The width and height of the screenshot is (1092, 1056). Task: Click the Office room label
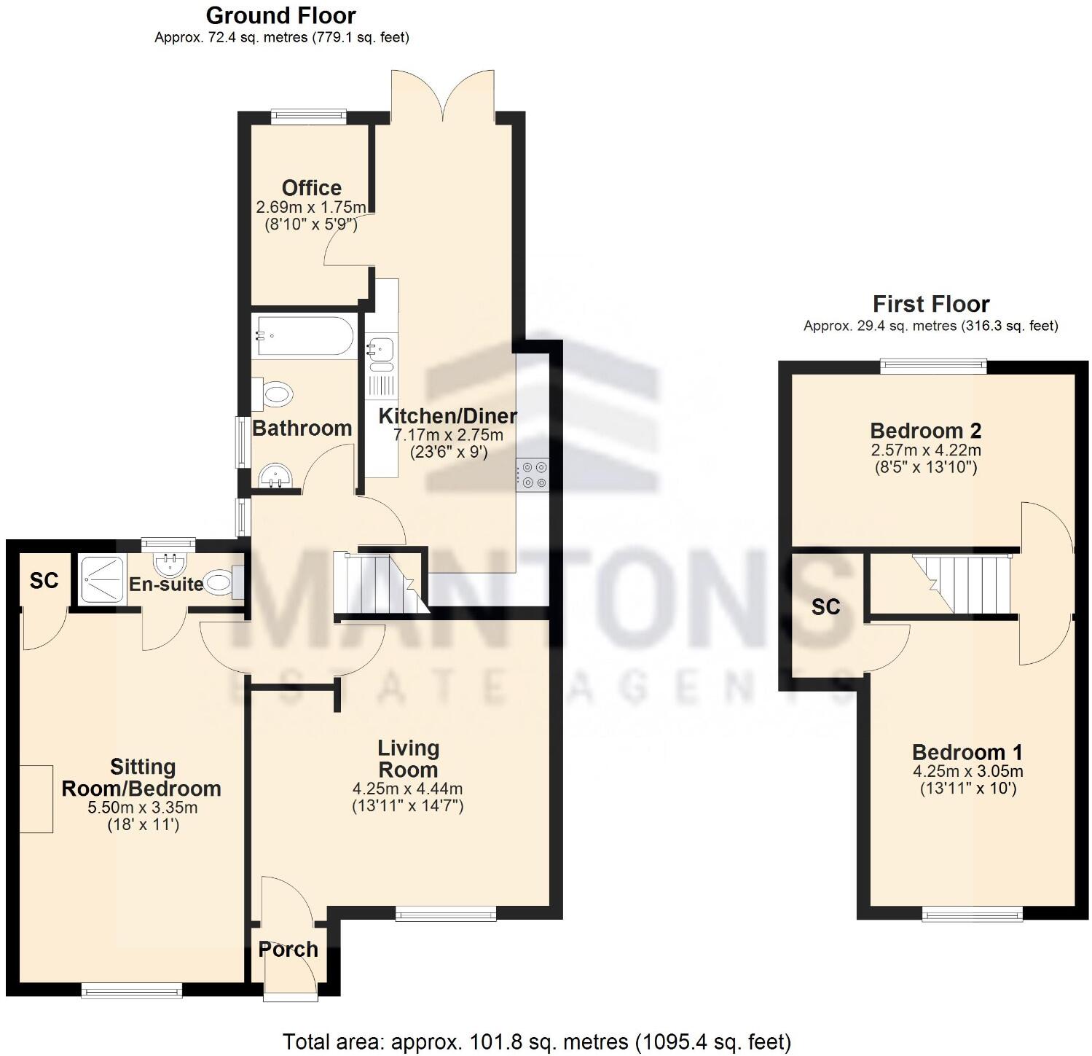[x=312, y=188]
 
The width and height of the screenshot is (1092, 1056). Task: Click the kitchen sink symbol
[x=381, y=349]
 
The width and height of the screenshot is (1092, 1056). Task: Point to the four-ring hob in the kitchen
[x=533, y=474]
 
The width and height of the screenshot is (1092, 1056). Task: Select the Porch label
[x=288, y=950]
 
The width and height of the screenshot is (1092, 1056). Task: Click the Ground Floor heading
[x=281, y=15]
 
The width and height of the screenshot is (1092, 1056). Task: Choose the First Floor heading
[x=931, y=304]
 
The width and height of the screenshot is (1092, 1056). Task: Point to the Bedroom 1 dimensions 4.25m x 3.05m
[x=967, y=772]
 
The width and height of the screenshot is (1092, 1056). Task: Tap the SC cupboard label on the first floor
[x=825, y=607]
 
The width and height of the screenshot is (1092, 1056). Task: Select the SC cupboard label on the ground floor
[x=44, y=581]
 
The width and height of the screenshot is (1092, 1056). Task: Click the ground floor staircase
[x=377, y=583]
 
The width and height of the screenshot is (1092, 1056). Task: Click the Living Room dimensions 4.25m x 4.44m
[x=407, y=789]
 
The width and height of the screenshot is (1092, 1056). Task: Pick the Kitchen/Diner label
[x=448, y=416]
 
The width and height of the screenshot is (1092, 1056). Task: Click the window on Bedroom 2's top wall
[x=933, y=366]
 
